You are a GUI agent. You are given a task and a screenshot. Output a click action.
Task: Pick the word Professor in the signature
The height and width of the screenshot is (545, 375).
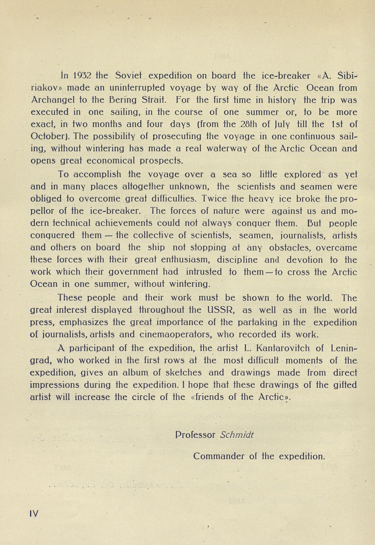[196, 434]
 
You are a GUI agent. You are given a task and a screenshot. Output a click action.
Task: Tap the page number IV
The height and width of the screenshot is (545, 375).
[34, 513]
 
